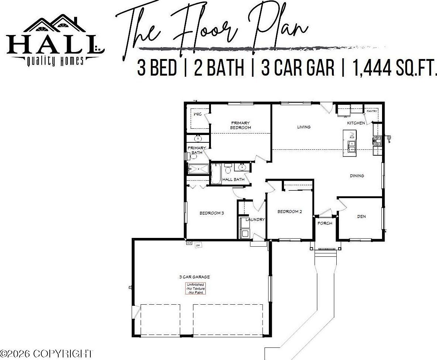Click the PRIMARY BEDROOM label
coord(240,125)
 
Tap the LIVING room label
coord(304,127)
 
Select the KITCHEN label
coord(356,123)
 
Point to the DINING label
coord(357,176)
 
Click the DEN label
coord(361,216)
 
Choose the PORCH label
coord(325,223)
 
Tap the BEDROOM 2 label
coord(289,211)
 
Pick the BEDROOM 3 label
coord(212,213)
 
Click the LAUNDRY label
coord(255,219)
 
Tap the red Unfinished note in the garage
coord(195,288)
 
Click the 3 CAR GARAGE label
coord(194,277)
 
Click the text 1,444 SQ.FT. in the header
coord(395,68)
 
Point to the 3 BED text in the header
coord(157,68)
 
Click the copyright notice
coord(47,354)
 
